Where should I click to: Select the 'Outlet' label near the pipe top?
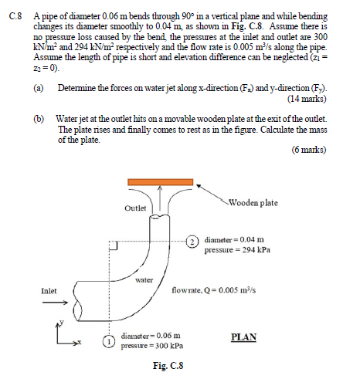(134, 209)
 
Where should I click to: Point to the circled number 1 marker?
(111, 341)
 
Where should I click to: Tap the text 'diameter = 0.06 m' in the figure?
(151, 337)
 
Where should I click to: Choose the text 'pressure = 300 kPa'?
(151, 347)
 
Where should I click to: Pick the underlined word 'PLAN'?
(244, 337)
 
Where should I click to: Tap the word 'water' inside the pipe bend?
(144, 280)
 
